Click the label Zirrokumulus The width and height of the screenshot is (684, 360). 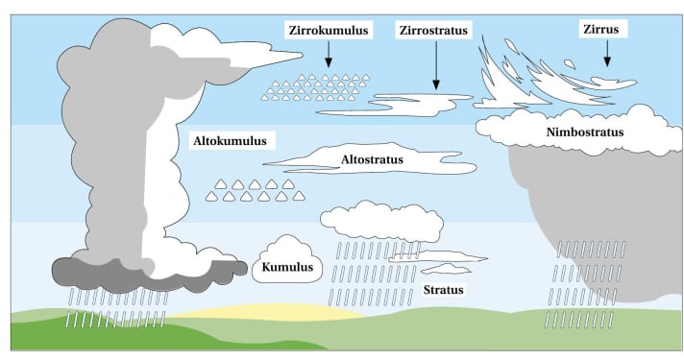(329, 32)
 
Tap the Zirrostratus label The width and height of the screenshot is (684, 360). (434, 32)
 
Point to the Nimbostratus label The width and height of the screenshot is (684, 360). (585, 132)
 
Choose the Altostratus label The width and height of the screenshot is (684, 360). (371, 158)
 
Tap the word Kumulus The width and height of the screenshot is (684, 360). (287, 270)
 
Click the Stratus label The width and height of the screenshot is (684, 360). (444, 289)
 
